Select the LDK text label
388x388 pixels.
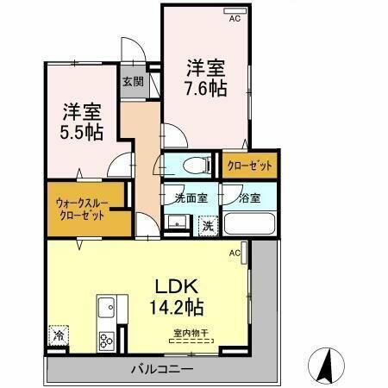177,286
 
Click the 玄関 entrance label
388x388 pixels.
133,83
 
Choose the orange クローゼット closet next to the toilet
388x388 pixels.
250,165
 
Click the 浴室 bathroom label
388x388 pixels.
250,197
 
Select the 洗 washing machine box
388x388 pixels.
208,225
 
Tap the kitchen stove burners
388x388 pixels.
107,339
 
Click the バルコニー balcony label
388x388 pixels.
162,370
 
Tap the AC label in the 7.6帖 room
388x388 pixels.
235,16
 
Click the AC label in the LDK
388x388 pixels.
234,254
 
